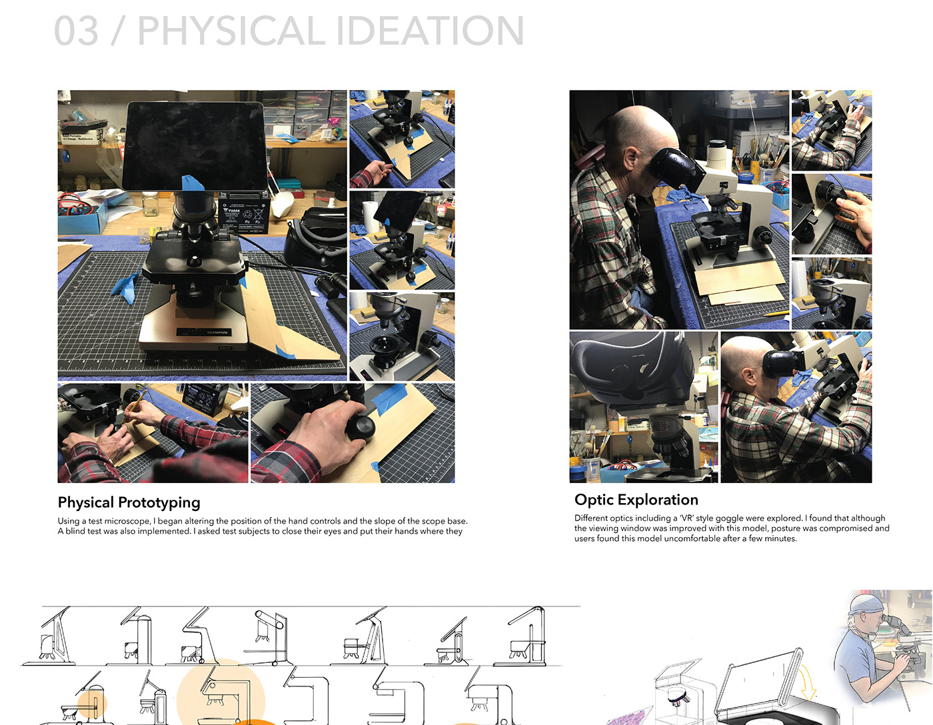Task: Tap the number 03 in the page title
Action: tap(76, 31)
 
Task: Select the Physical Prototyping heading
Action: tap(129, 502)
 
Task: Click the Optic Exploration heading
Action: tap(636, 500)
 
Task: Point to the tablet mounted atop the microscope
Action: tap(193, 145)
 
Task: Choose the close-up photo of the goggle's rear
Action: tap(643, 406)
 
